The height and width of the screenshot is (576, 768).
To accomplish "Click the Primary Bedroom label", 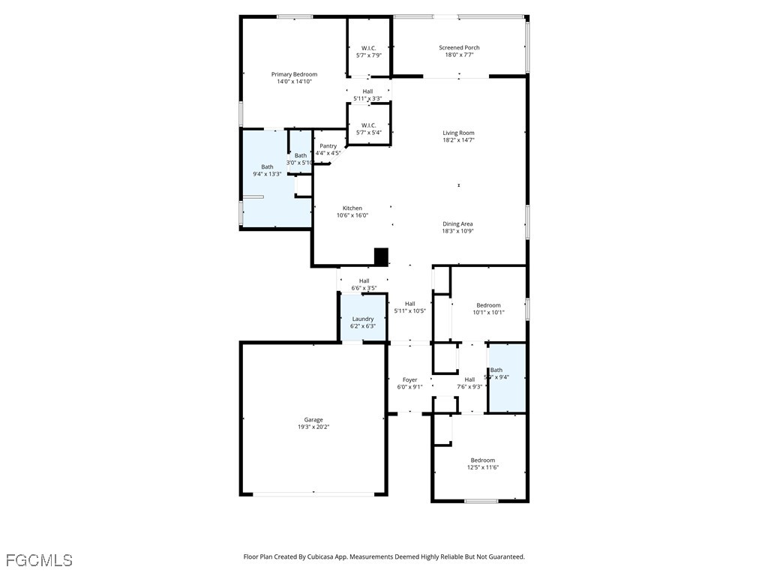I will (x=294, y=74).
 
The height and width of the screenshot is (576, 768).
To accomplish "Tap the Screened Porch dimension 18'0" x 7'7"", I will (x=459, y=55).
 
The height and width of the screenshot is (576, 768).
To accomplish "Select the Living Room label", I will (x=458, y=133).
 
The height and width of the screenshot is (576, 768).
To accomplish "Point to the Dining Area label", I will (x=457, y=223).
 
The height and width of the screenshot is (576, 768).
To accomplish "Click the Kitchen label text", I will (x=352, y=208).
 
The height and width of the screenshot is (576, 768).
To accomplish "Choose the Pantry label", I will (x=328, y=146).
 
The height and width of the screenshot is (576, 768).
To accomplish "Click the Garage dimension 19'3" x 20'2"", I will (x=313, y=427).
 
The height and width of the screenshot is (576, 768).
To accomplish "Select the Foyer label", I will (x=409, y=379).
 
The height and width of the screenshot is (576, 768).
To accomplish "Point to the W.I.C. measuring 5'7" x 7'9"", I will (x=368, y=51).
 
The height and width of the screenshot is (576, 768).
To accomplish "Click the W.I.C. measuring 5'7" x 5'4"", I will (x=368, y=128).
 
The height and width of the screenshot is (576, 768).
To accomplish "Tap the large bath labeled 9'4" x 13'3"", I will (x=267, y=170).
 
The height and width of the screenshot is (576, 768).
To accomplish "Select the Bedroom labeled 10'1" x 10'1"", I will (x=488, y=308).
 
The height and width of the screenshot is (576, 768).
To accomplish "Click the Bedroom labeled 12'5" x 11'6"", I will (x=482, y=463).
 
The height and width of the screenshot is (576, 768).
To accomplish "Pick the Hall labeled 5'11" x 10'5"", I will (x=409, y=307).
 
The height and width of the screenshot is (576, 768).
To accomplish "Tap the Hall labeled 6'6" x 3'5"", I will (x=364, y=283).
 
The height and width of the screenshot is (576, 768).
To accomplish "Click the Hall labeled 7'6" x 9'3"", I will (x=469, y=382).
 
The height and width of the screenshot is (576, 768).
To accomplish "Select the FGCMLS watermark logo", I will (x=39, y=560).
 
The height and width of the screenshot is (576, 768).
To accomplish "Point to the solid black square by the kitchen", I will (x=381, y=256).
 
